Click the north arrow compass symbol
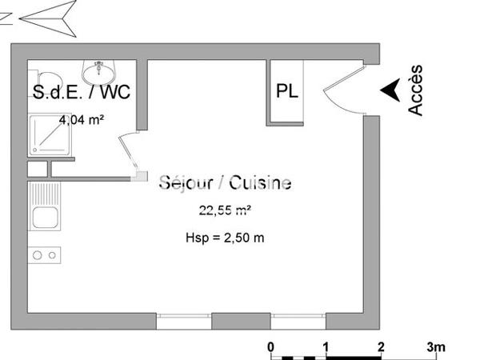pos(48,17)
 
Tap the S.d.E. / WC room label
pos(81,92)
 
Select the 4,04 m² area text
pos(84,120)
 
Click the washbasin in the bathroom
pos(101,70)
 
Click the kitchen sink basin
pos(45,217)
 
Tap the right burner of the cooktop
pos(52,255)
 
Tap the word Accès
pos(416,90)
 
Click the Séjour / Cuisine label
pos(225,183)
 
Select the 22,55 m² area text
pos(226,211)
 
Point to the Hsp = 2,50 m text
pos(225,238)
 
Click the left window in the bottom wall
pos(183,321)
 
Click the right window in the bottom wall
pos(298,321)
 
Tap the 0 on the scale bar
pos(271,346)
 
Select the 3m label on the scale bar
pos(435,346)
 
